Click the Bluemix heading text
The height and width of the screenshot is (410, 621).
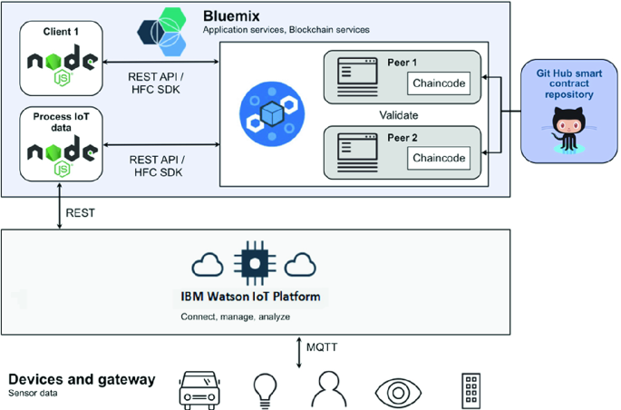tap(231, 16)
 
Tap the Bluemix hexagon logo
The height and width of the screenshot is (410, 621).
tap(162, 32)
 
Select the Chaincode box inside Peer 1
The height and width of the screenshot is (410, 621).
tap(439, 83)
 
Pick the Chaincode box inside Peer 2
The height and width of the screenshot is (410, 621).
tap(439, 158)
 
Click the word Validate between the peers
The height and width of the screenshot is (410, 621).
tap(398, 115)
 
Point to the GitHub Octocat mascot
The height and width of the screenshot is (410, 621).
tap(568, 130)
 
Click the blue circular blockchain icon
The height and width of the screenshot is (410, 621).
tap(272, 113)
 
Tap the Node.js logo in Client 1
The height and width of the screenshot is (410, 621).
tap(63, 64)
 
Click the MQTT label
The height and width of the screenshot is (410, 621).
tap(322, 347)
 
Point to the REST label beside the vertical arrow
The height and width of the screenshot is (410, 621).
tap(80, 213)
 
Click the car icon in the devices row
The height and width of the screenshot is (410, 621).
tap(199, 390)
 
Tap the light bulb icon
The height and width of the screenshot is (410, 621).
tap(265, 391)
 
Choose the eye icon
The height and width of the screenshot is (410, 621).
tap(398, 393)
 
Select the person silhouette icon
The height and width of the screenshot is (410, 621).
tap(329, 388)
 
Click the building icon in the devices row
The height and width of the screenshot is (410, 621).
tap(471, 391)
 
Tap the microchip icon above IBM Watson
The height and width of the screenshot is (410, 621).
tap(255, 263)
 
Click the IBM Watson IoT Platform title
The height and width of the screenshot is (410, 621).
tap(251, 297)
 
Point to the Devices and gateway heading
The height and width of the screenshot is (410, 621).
tap(82, 379)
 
